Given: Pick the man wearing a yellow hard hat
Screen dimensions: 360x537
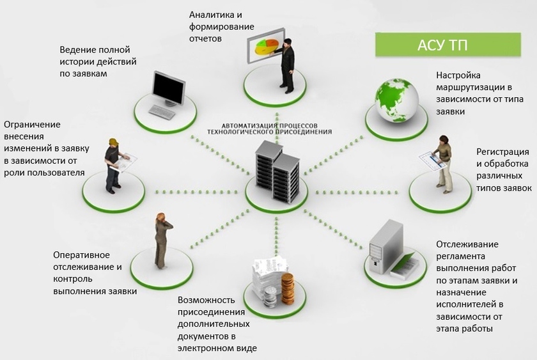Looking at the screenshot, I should [113, 164].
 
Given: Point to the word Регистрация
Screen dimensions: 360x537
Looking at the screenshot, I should [502, 152].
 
